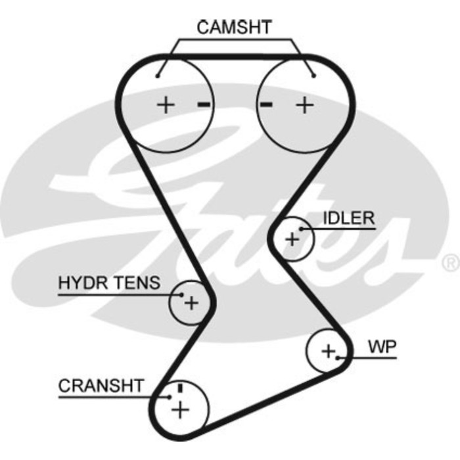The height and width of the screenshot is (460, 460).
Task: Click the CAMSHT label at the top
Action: point(235,27)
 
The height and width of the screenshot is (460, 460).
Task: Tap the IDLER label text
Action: point(348,218)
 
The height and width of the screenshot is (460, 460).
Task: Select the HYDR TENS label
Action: point(109,283)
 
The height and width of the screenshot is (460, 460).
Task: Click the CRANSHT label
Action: point(101,386)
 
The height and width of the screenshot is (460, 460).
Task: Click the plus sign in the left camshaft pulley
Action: point(166,104)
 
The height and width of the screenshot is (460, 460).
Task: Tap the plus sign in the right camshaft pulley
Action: point(304,104)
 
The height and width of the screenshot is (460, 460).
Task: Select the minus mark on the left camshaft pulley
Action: point(204,104)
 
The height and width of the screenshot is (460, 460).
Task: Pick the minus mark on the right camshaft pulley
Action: point(266,104)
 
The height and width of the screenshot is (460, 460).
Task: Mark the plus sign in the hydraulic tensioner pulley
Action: point(191,302)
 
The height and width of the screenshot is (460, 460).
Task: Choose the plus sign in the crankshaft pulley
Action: point(179,409)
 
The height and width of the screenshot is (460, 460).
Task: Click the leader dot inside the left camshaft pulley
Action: point(158,76)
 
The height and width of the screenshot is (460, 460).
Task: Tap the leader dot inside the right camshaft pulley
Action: point(314,76)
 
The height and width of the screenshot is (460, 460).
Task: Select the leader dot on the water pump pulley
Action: point(338,358)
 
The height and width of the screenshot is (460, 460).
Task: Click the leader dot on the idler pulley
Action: point(300,229)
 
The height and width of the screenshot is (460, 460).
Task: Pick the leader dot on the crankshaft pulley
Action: point(170,396)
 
